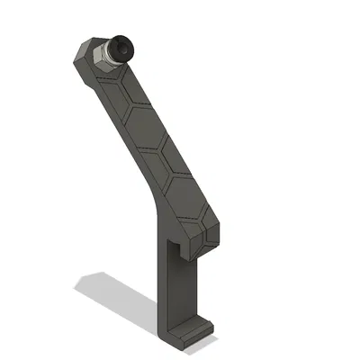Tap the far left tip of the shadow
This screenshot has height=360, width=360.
click(76, 286)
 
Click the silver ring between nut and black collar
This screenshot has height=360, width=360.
click(111, 53)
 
